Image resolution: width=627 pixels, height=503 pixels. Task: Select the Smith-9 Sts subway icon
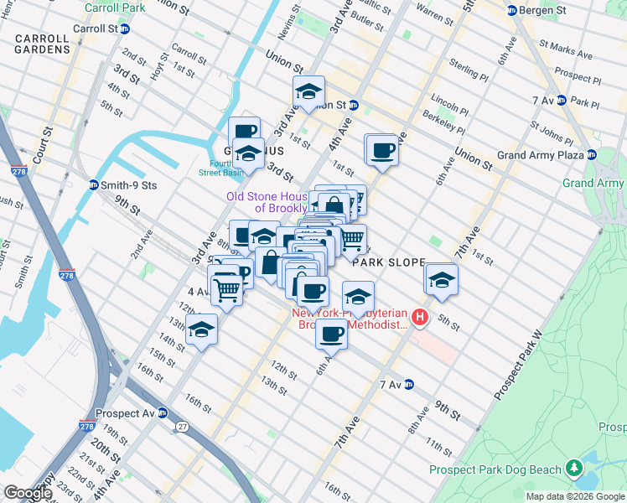(93, 184)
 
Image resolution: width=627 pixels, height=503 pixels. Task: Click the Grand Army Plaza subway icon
(592, 155)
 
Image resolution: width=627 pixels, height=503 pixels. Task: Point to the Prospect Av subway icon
(163, 413)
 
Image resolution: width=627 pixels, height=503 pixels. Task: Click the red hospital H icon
(420, 318)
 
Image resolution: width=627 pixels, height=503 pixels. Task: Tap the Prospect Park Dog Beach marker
(574, 466)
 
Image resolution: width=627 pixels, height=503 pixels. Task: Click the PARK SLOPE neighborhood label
(389, 262)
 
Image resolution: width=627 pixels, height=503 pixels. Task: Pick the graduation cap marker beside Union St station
(308, 92)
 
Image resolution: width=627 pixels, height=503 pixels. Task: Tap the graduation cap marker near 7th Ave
(441, 280)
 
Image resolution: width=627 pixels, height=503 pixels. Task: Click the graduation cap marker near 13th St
(202, 329)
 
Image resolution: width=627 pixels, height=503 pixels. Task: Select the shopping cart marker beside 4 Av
(227, 289)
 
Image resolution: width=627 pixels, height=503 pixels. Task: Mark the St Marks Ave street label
(566, 49)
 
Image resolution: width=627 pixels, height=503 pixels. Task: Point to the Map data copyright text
(574, 496)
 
